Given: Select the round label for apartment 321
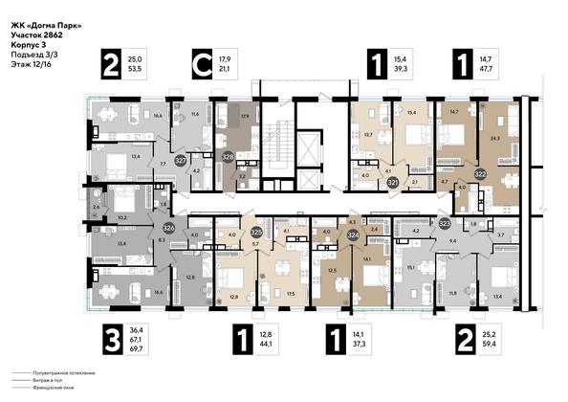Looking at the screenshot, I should point(393,179).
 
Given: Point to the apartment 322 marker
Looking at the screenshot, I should point(481,174).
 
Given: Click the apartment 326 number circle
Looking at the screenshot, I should point(168,228).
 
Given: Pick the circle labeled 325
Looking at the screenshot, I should point(256,232).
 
